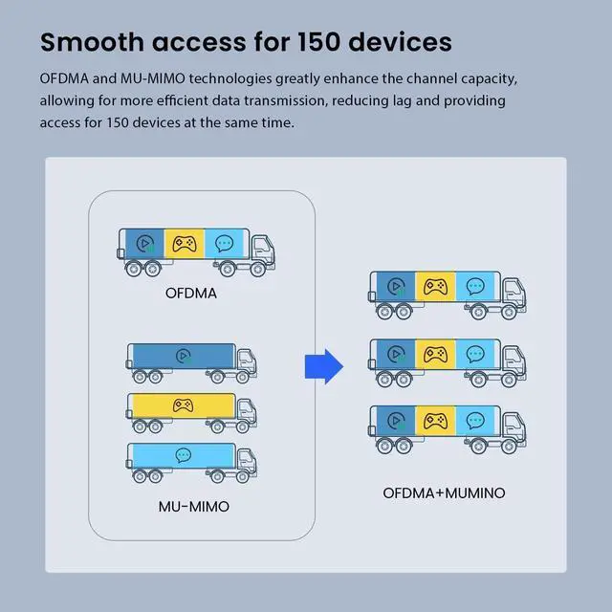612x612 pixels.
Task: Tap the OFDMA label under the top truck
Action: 190,293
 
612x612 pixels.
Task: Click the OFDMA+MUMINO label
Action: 444,493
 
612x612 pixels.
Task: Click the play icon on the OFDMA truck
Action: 143,244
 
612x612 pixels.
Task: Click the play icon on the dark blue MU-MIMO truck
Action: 182,357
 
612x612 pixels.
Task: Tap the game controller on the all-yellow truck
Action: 182,405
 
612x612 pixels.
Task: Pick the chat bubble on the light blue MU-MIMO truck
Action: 182,455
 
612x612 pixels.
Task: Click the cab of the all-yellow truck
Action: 247,409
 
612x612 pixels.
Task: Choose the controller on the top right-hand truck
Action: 435,286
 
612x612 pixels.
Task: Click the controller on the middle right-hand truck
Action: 435,354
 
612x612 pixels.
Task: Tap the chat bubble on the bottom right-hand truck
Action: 474,421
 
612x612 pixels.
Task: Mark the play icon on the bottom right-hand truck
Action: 394,421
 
